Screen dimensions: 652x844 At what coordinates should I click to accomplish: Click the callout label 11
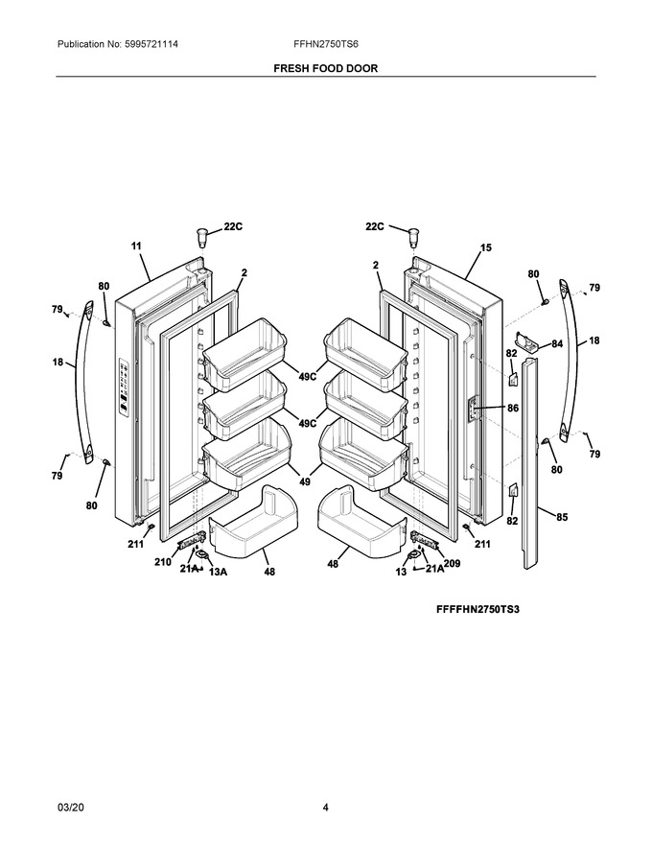click(x=136, y=246)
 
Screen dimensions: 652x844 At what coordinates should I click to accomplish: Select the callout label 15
click(x=486, y=247)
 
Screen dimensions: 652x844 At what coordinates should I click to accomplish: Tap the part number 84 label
click(x=557, y=343)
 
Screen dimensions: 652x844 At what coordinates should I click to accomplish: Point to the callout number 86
click(x=513, y=408)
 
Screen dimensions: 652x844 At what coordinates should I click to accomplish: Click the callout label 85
click(x=562, y=517)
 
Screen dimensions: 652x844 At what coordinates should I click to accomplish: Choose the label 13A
click(x=218, y=572)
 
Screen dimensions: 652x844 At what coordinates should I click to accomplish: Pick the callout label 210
click(x=162, y=562)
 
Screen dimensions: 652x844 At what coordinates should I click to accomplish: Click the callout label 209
click(x=452, y=564)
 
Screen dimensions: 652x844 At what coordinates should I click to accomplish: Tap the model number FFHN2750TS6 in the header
click(x=326, y=44)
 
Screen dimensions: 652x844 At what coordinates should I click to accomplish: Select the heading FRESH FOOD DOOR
click(x=326, y=68)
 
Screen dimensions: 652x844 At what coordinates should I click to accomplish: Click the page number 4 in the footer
click(x=325, y=808)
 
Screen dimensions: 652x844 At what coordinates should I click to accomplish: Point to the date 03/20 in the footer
click(x=67, y=808)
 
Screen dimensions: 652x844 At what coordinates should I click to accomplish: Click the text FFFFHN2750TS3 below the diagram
click(x=477, y=610)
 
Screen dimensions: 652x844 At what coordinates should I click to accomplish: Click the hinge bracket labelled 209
click(x=422, y=538)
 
